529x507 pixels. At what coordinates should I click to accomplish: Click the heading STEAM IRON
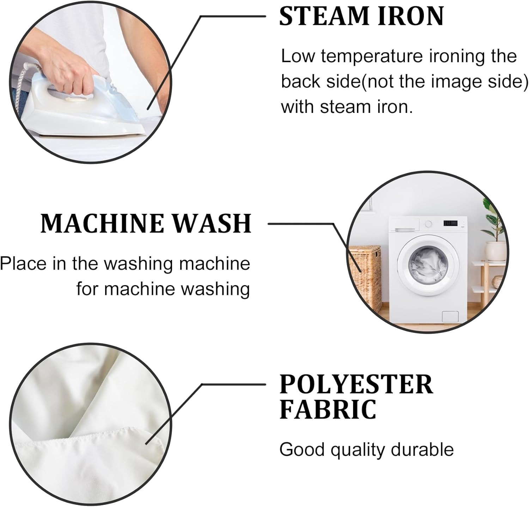(x=361, y=16)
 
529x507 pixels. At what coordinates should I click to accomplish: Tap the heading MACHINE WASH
(x=146, y=223)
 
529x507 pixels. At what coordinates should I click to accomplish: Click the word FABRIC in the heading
(x=328, y=409)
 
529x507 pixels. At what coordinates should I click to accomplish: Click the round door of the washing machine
(x=426, y=265)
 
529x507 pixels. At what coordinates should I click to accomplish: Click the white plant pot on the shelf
(x=495, y=251)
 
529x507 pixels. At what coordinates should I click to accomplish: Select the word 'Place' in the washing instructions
(x=23, y=264)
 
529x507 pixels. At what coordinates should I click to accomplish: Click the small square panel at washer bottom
(x=450, y=316)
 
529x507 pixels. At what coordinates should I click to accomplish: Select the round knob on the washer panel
(x=428, y=224)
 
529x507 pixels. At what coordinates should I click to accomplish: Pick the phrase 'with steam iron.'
(x=347, y=107)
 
